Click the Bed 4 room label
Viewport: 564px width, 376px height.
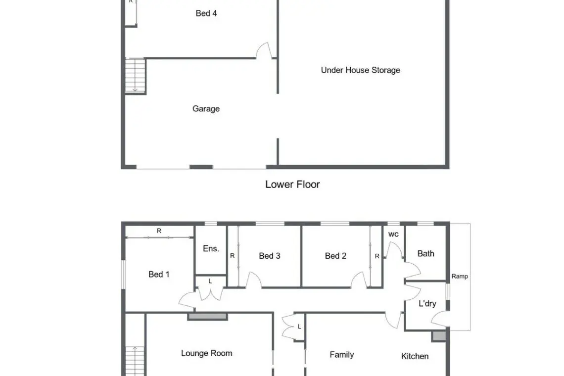(206, 13)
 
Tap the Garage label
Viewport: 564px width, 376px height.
(206, 109)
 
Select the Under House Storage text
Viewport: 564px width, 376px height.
(360, 70)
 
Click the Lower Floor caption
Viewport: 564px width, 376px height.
(292, 184)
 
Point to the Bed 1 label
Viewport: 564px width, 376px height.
(159, 274)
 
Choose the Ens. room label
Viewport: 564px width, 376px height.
(211, 249)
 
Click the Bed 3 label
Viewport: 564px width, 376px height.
(270, 256)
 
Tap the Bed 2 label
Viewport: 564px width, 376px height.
(335, 256)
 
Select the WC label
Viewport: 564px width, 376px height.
(393, 234)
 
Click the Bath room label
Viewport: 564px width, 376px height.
(425, 254)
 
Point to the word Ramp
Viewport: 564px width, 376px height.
(460, 277)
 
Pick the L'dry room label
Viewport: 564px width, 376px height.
(427, 303)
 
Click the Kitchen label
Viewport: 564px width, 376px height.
(415, 356)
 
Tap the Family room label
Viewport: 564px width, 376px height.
(342, 355)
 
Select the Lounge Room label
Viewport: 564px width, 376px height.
(206, 353)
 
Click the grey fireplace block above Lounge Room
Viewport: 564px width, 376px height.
(208, 317)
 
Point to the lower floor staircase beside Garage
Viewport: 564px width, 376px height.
(135, 76)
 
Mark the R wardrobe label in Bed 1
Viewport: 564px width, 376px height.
(159, 231)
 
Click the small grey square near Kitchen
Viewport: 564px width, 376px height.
(439, 336)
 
